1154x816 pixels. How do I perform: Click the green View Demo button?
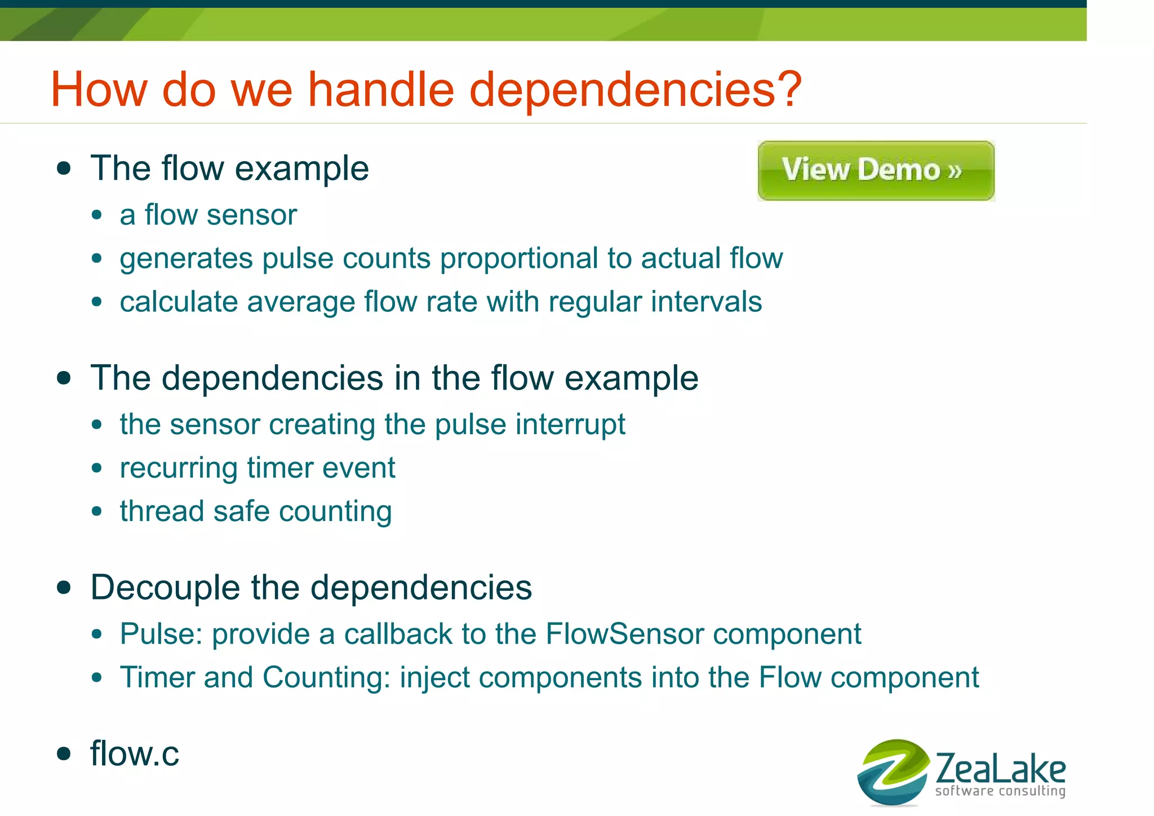click(x=876, y=170)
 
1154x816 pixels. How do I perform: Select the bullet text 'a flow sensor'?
click(x=208, y=215)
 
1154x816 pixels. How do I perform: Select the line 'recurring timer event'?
click(x=258, y=468)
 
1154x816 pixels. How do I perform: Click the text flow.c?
click(x=135, y=753)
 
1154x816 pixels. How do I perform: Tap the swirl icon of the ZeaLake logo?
click(x=892, y=772)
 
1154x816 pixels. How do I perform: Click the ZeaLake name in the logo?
click(x=1000, y=768)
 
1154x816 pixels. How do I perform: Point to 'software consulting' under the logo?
click(x=1000, y=791)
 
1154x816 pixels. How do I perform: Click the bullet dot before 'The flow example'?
click(x=64, y=169)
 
